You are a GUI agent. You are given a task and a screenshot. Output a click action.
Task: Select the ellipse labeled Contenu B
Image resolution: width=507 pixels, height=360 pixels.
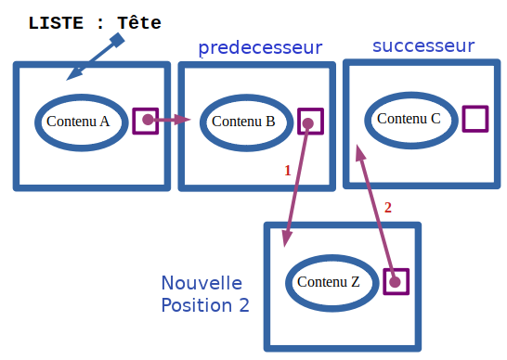(x=243, y=122)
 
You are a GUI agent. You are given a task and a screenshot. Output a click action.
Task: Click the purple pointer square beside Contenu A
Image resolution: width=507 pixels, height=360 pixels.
(x=146, y=121)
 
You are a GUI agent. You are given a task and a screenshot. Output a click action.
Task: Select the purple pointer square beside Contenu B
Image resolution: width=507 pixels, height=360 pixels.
(x=310, y=122)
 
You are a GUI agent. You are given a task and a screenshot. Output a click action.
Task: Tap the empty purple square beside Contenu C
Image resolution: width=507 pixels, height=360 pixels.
(x=475, y=119)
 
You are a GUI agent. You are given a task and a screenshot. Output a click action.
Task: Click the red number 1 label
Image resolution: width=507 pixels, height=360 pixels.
(x=288, y=171)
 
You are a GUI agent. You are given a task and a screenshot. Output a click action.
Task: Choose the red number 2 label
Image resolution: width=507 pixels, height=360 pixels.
(x=388, y=207)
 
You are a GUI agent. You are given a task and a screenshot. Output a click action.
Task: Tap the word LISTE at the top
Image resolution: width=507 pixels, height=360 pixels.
(x=57, y=22)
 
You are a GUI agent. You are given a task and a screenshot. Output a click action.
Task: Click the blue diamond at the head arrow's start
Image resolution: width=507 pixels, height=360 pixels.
(x=117, y=41)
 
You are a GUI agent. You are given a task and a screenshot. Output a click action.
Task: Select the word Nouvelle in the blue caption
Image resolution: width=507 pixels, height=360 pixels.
(x=201, y=283)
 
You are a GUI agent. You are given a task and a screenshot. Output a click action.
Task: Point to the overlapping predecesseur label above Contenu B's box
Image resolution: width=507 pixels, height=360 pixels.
(x=253, y=48)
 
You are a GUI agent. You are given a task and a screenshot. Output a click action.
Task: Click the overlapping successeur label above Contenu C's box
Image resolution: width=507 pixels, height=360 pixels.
(x=423, y=48)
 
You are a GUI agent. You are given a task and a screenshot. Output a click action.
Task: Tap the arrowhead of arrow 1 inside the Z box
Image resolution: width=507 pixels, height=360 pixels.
(x=286, y=240)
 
